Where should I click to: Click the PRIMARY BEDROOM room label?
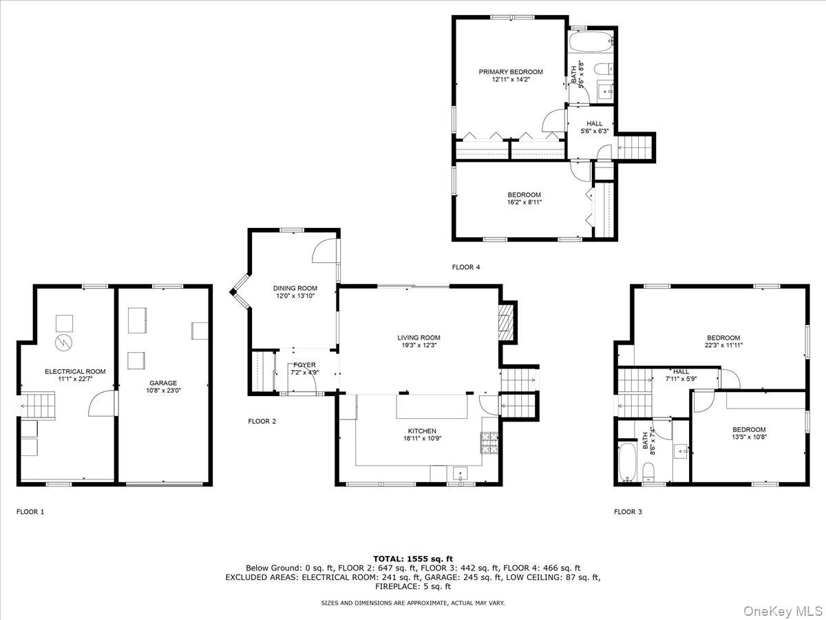click(511, 72)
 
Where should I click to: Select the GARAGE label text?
click(163, 383)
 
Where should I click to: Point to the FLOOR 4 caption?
click(466, 267)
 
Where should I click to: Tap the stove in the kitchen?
click(489, 443)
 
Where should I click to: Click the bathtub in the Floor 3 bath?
click(627, 462)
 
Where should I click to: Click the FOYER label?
click(304, 365)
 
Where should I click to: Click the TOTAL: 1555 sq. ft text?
click(412, 558)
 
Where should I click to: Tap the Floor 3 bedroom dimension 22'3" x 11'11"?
click(723, 346)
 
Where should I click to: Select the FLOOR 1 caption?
click(30, 512)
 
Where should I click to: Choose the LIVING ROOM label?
click(419, 338)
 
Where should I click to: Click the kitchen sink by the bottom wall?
click(459, 473)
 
